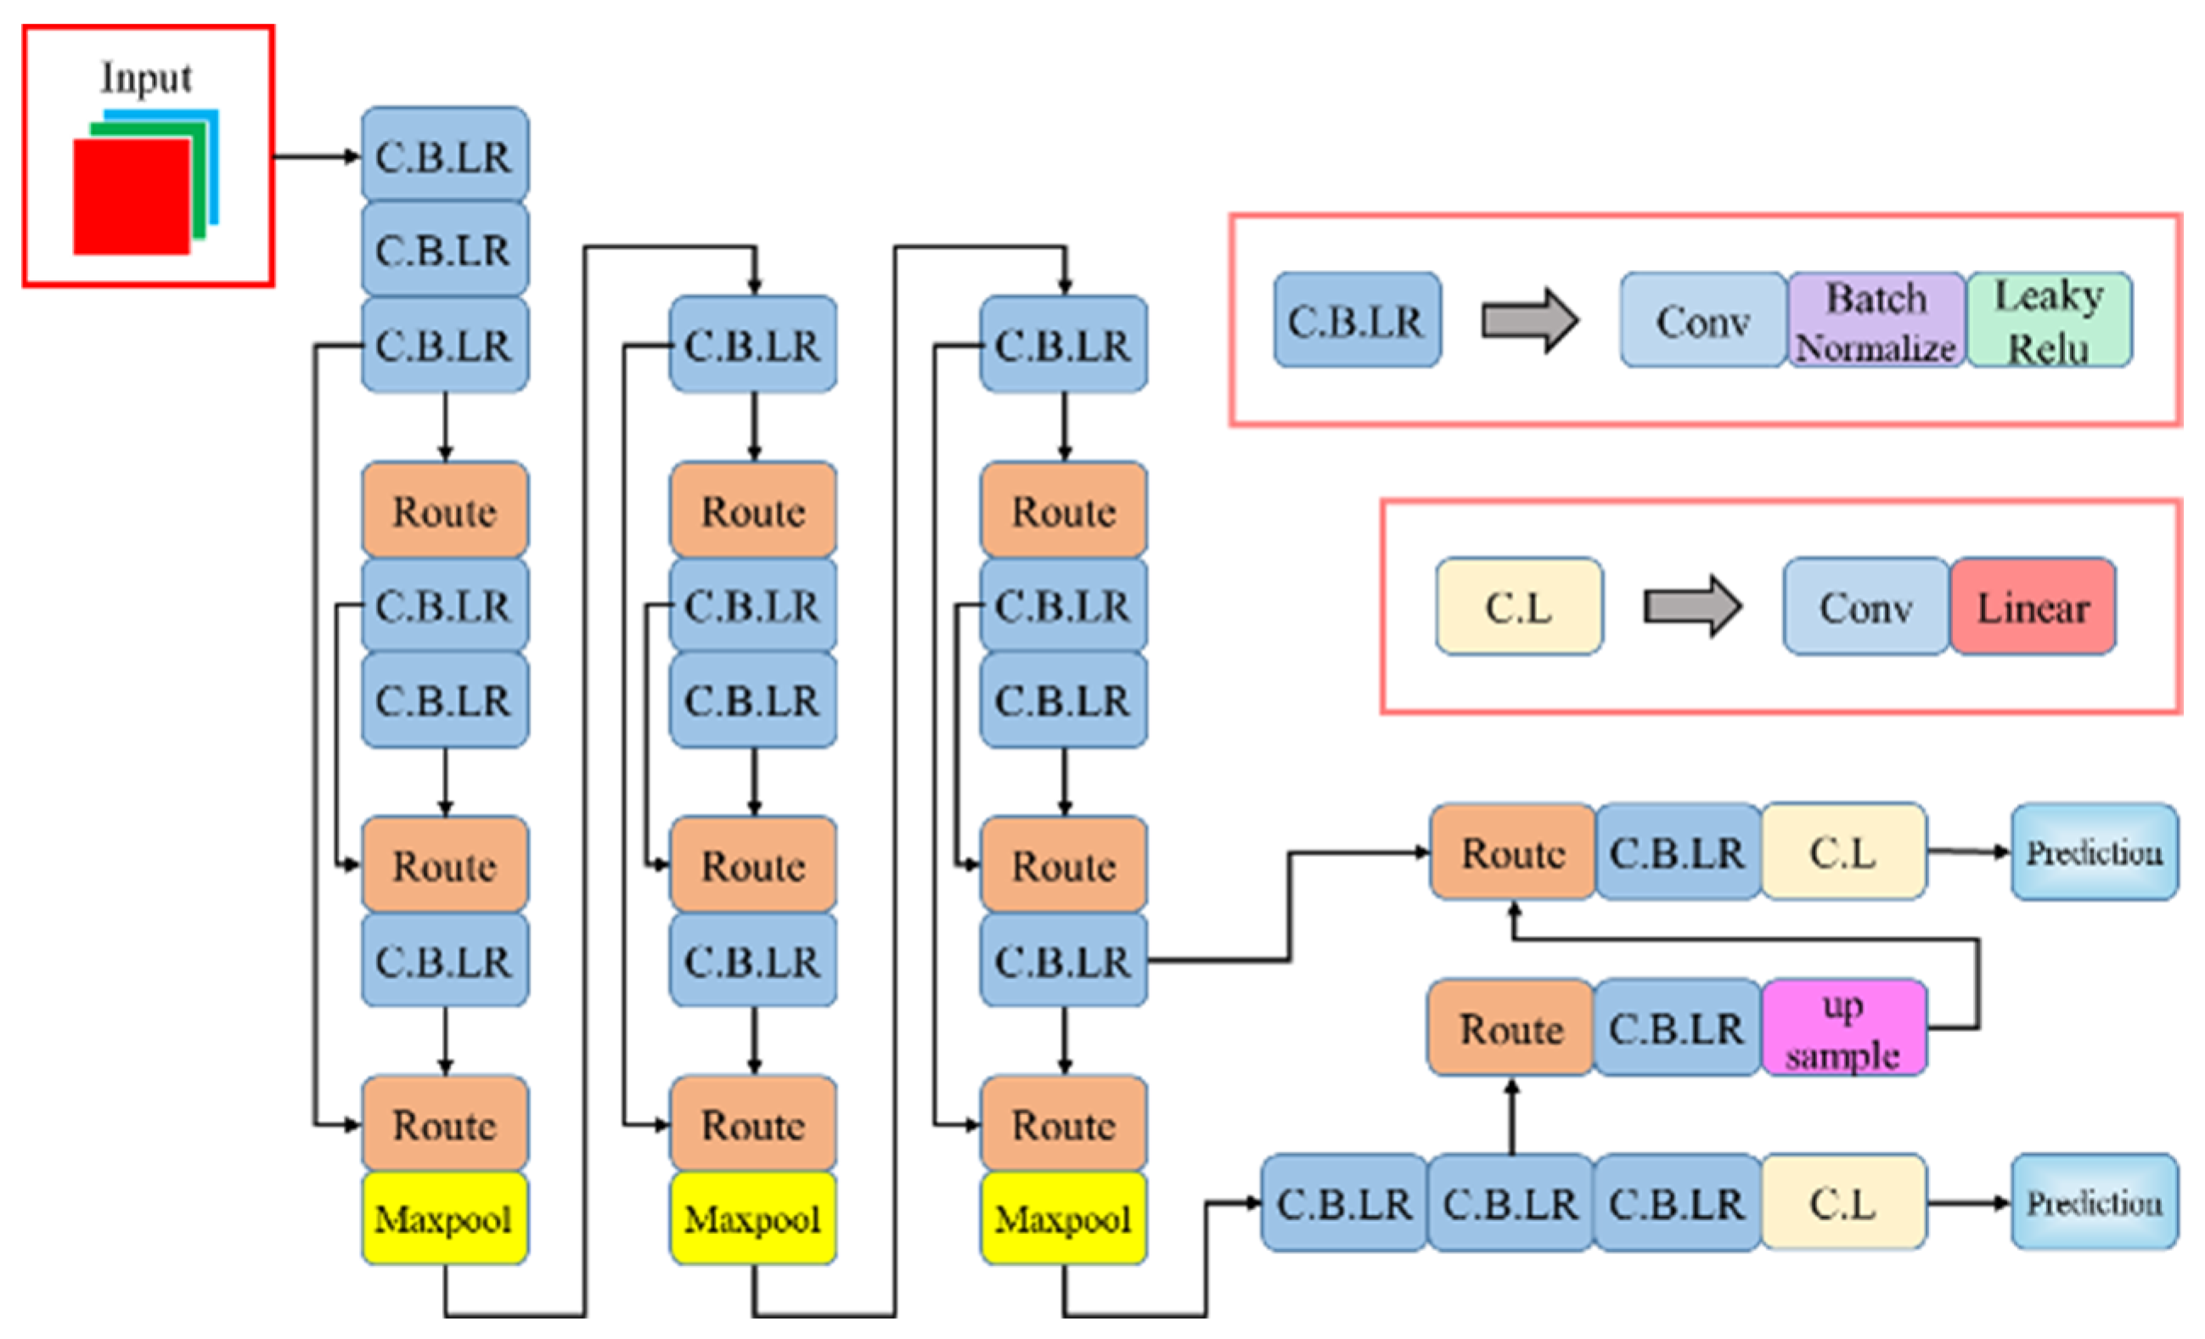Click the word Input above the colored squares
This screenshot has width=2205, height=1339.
coord(146,78)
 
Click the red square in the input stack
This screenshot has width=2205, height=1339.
coord(132,197)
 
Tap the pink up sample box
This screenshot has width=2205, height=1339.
coord(1843,1028)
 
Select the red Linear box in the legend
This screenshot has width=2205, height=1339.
coord(2033,607)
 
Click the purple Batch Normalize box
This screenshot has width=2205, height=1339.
coord(1876,320)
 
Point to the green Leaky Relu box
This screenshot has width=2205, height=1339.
coord(2050,320)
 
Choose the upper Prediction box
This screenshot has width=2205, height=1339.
coord(2095,852)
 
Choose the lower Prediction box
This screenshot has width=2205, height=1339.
coord(2095,1202)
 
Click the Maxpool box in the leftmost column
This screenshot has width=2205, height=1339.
coord(445,1218)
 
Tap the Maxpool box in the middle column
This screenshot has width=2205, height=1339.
coord(753,1218)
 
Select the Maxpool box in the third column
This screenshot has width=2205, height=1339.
coord(1064,1218)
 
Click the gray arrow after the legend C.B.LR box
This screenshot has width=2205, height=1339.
coord(1530,320)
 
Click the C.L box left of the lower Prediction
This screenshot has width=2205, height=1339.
coord(1843,1202)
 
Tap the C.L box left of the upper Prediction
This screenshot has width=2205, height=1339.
coord(1843,852)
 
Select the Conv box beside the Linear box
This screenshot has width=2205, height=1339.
coord(1867,607)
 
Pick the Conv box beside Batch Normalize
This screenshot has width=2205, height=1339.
coord(1704,320)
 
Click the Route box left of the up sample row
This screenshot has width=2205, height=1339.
coord(1511,1028)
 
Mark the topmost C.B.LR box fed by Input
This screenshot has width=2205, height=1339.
coord(445,155)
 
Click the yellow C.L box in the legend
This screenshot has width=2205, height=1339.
coord(1520,607)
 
